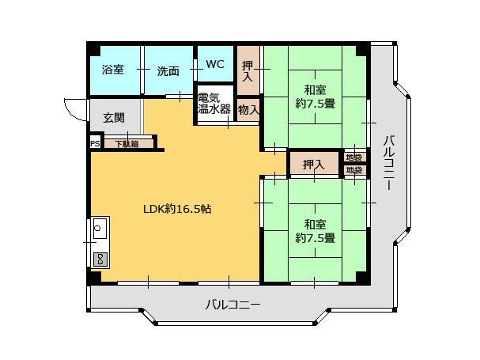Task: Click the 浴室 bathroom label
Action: click(113, 70)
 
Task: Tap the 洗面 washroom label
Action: click(168, 70)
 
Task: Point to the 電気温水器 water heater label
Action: click(214, 104)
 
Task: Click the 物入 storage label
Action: click(248, 110)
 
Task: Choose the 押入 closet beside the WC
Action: click(248, 70)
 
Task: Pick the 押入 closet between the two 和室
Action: click(314, 165)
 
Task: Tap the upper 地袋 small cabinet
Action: click(353, 157)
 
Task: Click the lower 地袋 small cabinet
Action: click(353, 170)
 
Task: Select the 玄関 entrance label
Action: click(114, 118)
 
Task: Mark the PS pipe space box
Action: click(95, 143)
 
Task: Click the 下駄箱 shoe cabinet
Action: click(126, 144)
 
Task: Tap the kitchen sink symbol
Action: click(100, 230)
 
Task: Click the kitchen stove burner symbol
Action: click(100, 258)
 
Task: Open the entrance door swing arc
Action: click(71, 110)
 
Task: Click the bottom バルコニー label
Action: click(232, 304)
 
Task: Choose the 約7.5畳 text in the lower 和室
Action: click(315, 237)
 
